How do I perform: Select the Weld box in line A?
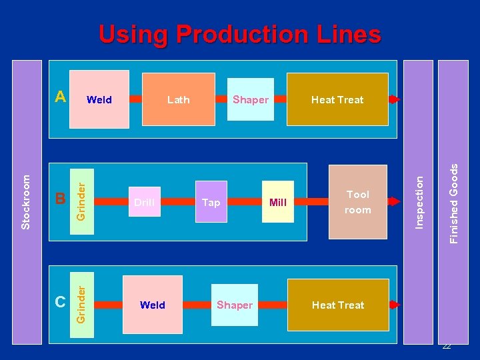99,99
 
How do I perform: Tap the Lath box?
178,99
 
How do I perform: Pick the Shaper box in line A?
250,99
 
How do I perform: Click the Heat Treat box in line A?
337,99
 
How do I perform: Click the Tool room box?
358,201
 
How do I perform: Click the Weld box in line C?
153,305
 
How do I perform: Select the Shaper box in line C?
235,305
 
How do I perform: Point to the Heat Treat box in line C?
338,305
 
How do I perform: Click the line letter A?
60,97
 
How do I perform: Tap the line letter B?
60,198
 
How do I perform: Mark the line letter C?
60,302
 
